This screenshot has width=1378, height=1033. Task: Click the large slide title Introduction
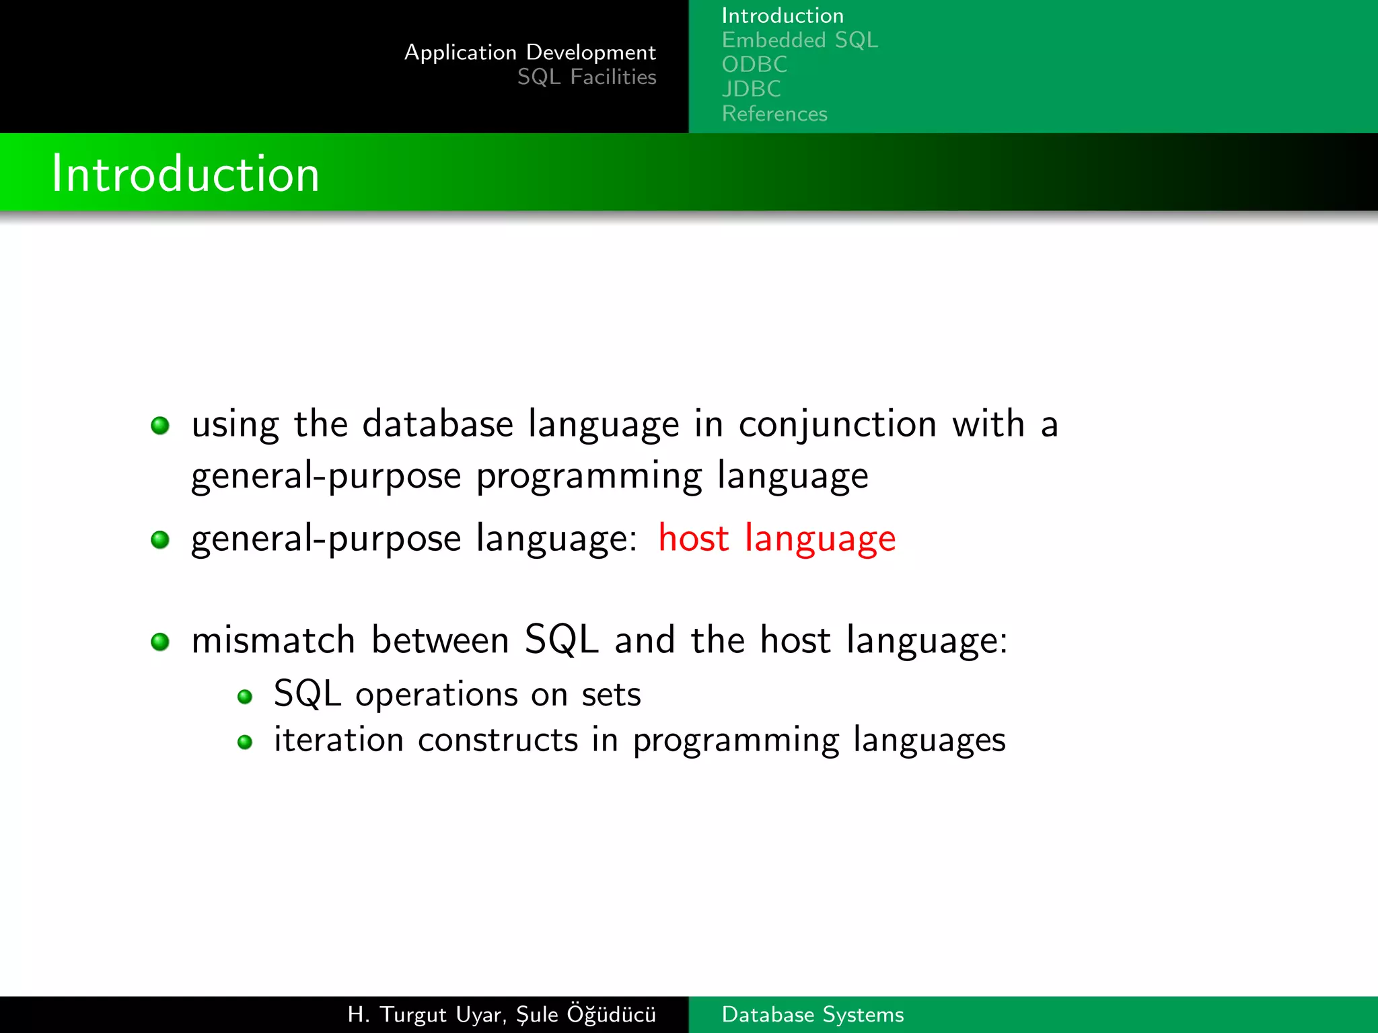(185, 174)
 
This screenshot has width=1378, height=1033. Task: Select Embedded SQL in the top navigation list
(799, 40)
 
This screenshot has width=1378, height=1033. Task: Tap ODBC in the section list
(754, 65)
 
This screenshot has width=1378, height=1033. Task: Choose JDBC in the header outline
(751, 89)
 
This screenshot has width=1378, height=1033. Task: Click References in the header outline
(774, 114)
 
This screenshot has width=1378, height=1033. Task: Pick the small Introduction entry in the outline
(782, 15)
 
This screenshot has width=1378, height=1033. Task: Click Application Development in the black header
(530, 52)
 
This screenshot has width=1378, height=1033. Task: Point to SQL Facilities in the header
(586, 77)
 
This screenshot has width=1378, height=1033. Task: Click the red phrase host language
(776, 539)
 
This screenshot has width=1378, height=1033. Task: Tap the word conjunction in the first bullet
(837, 425)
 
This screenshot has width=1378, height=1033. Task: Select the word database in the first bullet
(437, 424)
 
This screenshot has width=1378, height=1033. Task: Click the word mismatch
(273, 640)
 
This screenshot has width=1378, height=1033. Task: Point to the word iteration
(338, 740)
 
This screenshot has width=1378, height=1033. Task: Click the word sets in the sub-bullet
(611, 695)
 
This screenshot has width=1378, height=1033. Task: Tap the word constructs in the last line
(497, 740)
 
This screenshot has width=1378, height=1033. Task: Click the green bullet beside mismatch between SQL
(160, 642)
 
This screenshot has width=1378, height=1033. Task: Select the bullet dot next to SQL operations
(245, 697)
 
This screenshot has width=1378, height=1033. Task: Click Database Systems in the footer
(812, 1014)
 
